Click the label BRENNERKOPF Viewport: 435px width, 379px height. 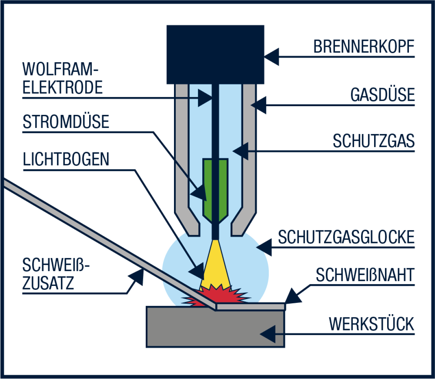coord(364,46)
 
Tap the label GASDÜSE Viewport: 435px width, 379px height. coord(382,95)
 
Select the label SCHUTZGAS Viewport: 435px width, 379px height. coord(373,141)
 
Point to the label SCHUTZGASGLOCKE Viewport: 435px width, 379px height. coord(346,237)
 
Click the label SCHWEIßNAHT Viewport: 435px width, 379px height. coord(365,275)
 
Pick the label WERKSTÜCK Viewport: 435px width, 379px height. coord(372,324)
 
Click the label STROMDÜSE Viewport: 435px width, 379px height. coord(66,121)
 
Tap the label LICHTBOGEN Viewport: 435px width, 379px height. coord(66,159)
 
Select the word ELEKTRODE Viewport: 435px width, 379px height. coord(62,87)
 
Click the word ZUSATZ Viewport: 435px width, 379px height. coord(48,283)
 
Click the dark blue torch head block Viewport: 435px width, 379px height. coord(215,55)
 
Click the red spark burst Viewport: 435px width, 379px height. coord(216,295)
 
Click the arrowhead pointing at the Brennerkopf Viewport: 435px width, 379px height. coord(272,57)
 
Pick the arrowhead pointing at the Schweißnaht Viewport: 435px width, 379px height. coord(293,296)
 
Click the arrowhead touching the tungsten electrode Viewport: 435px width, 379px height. coord(205,98)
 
